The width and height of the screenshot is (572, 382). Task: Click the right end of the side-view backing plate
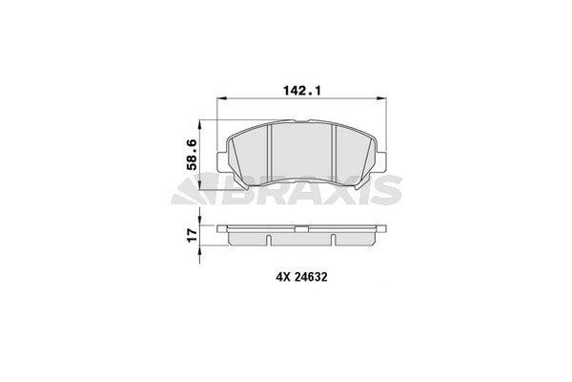[x=384, y=229]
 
